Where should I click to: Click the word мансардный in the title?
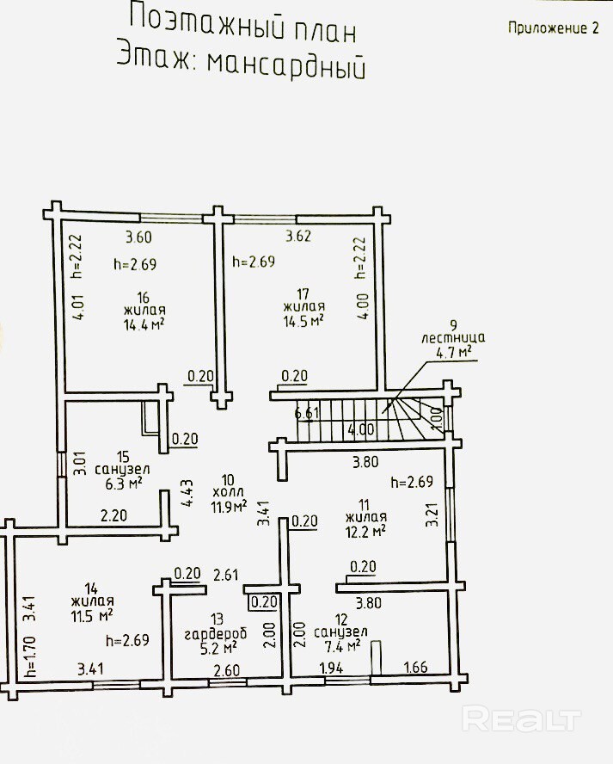pos(286,65)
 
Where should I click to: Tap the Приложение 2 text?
pos(553,28)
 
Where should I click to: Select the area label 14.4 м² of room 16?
pos(143,324)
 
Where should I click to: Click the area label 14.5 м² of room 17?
pos(303,321)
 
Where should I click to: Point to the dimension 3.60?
pos(138,237)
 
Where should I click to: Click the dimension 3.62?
pos(298,237)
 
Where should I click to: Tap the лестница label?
pos(453,337)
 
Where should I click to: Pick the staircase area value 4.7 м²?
pos(455,351)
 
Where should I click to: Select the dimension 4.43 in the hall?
pos(187,494)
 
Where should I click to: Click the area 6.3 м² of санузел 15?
pos(123,484)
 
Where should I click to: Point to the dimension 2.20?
pos(113,515)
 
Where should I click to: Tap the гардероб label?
pos(216,634)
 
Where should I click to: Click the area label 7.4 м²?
pos(342,646)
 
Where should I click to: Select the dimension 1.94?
pos(331,667)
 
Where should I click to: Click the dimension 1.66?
pos(416,667)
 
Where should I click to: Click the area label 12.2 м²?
pos(365,531)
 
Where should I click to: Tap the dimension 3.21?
pos(432,514)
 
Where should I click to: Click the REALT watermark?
pos(522,719)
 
